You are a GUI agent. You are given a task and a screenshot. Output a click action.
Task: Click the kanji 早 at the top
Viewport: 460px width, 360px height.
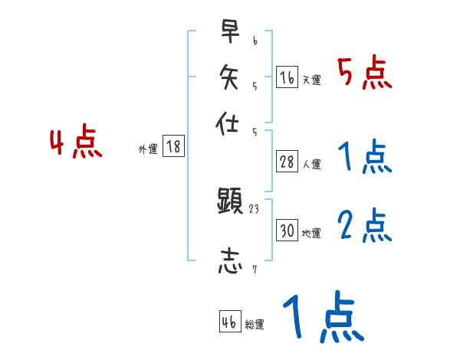tap(229, 33)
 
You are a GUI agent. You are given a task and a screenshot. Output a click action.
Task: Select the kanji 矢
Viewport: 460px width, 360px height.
tap(229, 77)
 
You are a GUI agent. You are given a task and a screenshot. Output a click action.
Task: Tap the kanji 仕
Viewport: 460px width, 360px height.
tap(229, 122)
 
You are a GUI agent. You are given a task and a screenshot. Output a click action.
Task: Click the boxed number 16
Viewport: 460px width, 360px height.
tap(287, 77)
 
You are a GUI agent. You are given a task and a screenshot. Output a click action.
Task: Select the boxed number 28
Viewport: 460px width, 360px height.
tap(287, 162)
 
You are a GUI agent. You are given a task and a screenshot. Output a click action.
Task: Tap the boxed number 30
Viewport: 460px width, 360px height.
tap(287, 231)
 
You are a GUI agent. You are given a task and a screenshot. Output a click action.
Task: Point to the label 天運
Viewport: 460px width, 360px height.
tap(311, 80)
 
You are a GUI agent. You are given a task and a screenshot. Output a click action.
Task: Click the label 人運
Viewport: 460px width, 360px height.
tap(311, 164)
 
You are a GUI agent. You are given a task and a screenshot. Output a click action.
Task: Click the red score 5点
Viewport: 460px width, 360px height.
tap(365, 73)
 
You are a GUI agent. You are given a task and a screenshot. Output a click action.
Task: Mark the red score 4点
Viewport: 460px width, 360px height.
tap(76, 144)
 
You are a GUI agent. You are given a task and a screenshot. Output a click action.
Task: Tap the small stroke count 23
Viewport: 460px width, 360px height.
tap(255, 209)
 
